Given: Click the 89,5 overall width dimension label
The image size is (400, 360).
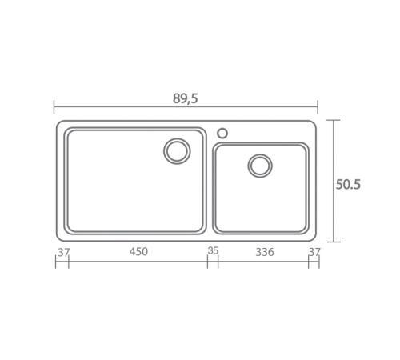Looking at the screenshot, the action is tap(186, 98).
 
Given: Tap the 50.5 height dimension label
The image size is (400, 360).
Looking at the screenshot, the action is tap(348, 185).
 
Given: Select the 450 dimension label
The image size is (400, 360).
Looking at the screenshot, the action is tap(138, 251).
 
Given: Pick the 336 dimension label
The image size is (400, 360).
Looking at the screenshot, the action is tap(265, 252).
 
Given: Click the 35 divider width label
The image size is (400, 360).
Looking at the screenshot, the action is tap(213, 251).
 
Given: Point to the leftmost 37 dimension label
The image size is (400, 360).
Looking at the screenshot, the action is tap(64, 252).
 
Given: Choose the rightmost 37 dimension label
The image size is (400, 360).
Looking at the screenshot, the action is tap(314, 252).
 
